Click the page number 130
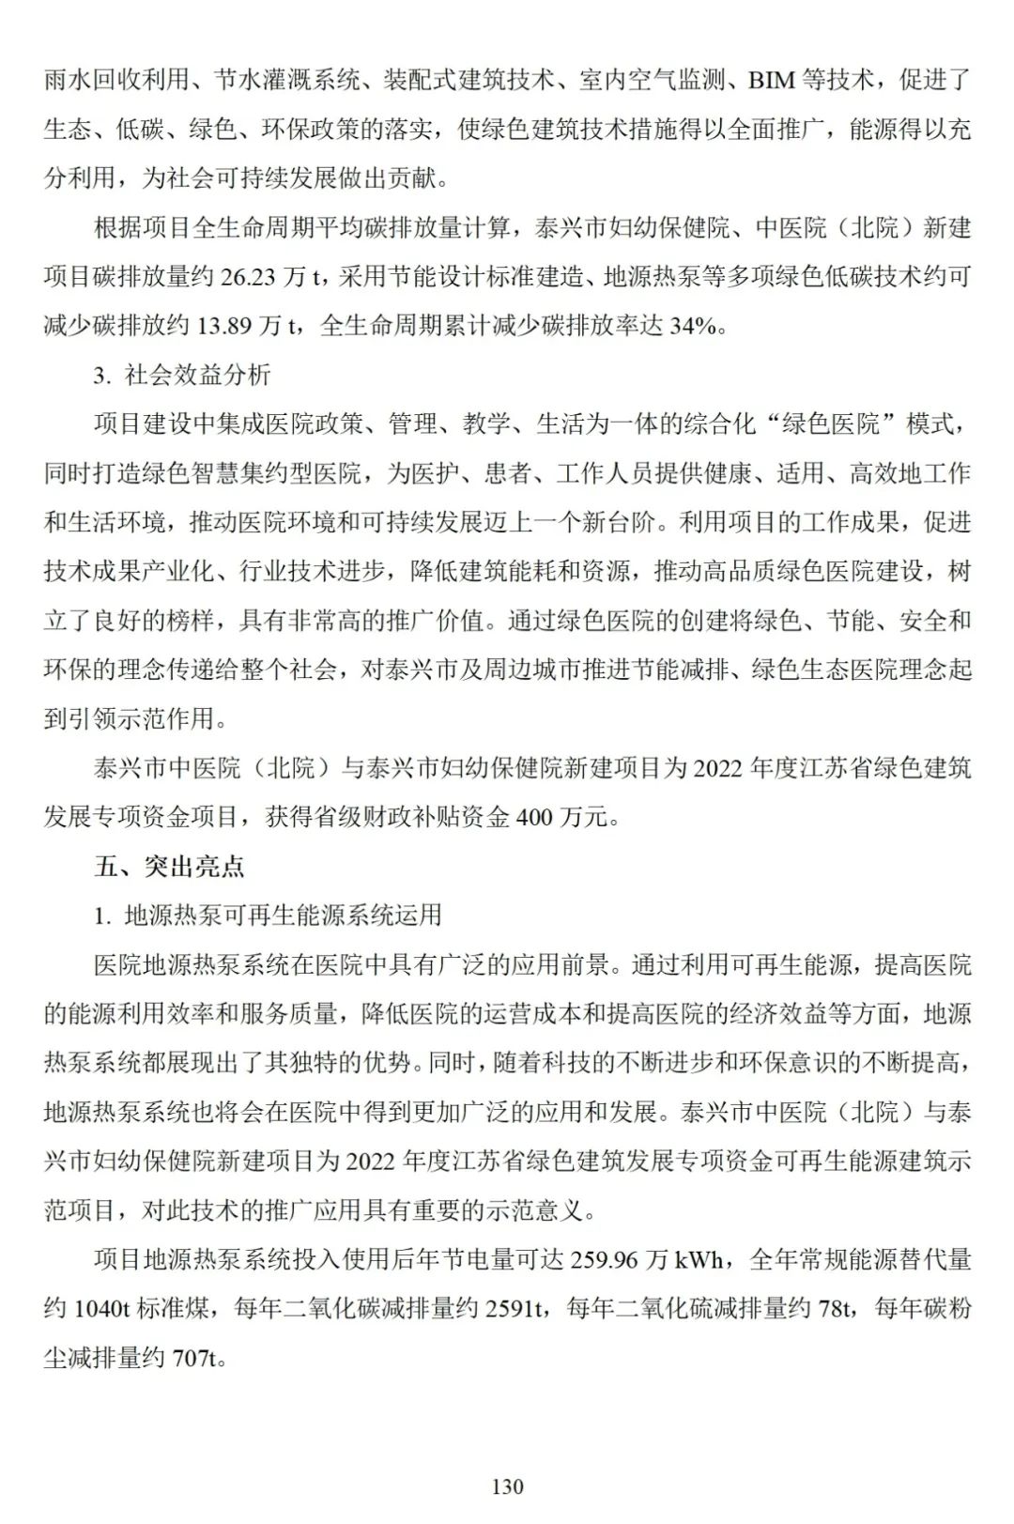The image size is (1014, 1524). click(x=507, y=1486)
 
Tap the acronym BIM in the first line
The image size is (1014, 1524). click(x=772, y=81)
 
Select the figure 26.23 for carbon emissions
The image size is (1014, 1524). click(x=249, y=277)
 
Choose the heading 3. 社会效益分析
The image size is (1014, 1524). click(x=182, y=375)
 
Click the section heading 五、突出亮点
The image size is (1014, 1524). click(x=169, y=866)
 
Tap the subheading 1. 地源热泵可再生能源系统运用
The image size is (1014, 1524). click(x=268, y=915)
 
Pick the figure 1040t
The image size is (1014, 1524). click(x=101, y=1308)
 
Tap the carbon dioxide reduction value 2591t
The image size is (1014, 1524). click(x=515, y=1308)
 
